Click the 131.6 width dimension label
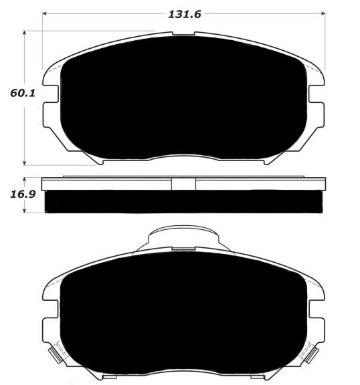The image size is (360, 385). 185,15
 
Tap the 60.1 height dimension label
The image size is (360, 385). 23,94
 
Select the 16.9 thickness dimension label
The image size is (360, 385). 23,195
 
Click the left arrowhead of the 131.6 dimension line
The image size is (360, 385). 45,14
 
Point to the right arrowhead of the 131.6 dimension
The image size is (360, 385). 323,14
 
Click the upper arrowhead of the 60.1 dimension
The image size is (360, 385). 24,33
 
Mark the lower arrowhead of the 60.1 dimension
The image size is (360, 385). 24,162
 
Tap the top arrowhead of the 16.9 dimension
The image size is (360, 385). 24,180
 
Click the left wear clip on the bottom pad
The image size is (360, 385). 56,355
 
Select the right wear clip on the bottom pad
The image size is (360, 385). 312,355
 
